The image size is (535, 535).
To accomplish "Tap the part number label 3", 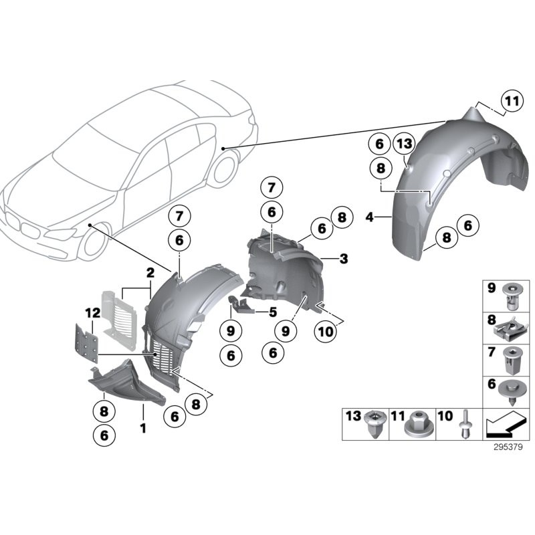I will click(343, 258).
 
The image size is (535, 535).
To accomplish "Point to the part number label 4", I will click(370, 216).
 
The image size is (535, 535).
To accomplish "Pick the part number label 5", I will click(272, 311).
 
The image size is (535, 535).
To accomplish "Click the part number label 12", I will click(92, 312).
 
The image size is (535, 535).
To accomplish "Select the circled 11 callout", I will click(511, 102).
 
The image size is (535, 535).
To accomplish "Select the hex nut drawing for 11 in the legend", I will click(419, 425).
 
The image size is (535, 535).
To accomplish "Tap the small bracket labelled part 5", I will click(243, 305).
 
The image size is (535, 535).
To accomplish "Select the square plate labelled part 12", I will click(86, 342).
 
